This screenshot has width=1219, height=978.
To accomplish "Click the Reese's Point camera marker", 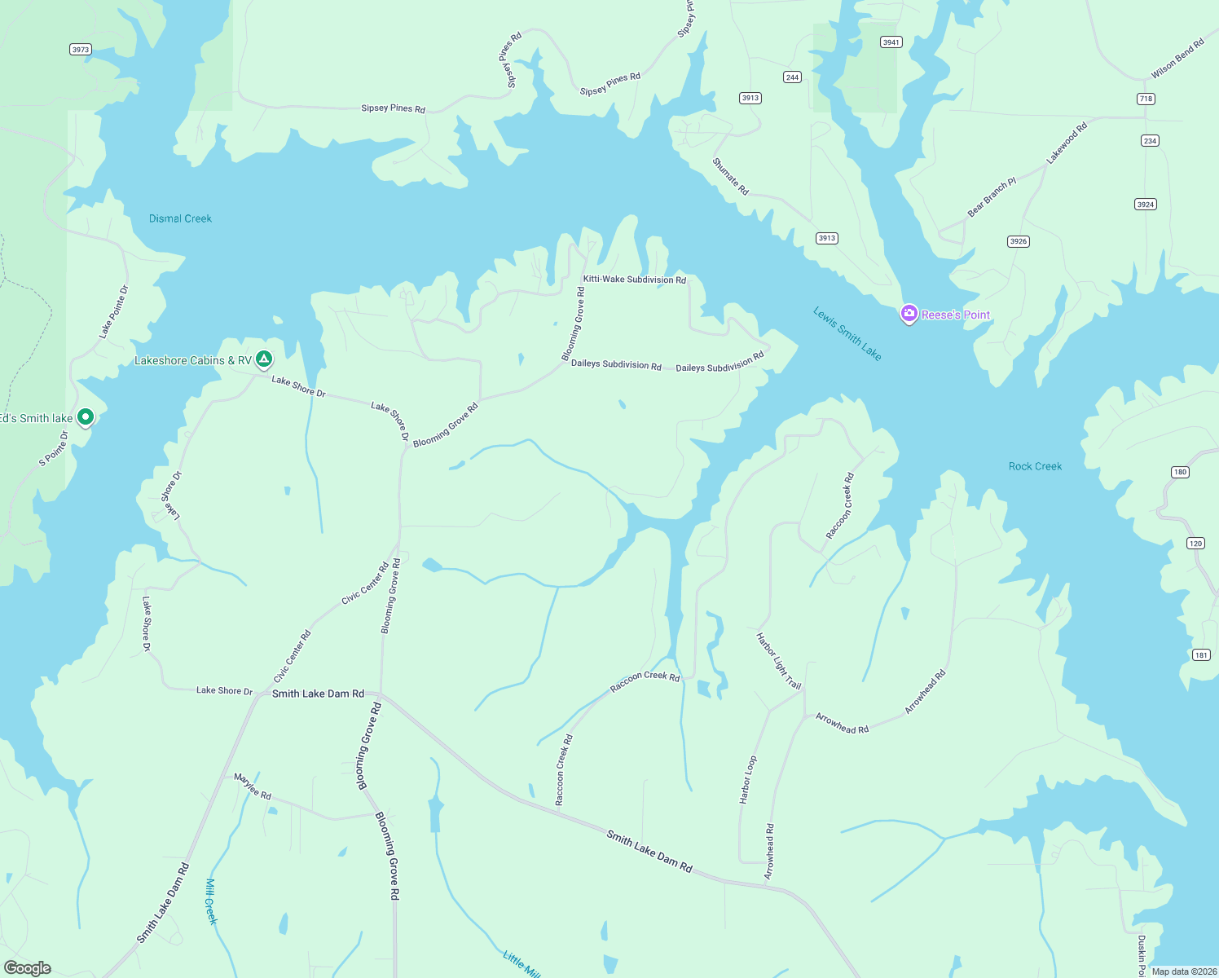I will coord(909,314).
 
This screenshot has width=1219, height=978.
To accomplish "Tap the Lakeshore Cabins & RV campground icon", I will coord(263,359).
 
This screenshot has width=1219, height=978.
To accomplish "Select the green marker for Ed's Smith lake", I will coord(85,417).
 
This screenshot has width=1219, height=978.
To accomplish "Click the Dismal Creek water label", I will coord(180,218).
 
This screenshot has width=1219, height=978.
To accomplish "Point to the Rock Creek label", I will coord(1035,466).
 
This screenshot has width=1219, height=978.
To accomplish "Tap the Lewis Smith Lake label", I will coord(847,333).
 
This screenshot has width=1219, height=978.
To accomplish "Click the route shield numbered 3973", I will coord(80,50).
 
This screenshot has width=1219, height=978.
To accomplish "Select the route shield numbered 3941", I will coord(891,42).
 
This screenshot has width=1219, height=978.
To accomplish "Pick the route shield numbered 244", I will coord(792,77).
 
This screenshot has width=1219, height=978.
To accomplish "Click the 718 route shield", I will coord(1146,99).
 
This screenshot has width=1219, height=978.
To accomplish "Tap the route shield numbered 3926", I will coord(1018,241).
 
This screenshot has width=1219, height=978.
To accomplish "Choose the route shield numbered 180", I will coord(1180,472).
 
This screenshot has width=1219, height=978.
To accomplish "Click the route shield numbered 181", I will coord(1201,654).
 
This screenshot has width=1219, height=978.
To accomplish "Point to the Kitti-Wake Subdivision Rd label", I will coord(634,280).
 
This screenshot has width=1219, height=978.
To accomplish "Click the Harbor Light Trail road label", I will coord(779,661).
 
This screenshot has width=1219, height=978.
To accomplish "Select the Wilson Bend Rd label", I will coord(1177,59).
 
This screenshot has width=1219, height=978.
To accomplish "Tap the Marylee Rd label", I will coord(253,786).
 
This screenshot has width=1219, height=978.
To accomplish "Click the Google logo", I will coord(28,967).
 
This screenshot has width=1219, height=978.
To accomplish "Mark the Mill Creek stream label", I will coord(211,901).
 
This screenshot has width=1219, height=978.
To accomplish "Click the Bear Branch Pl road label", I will coord(992,197).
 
